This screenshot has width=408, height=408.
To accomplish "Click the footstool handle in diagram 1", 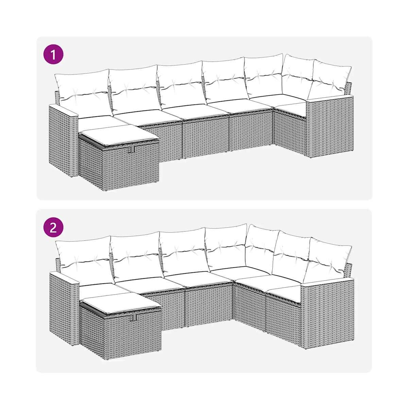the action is pyautogui.click(x=133, y=149).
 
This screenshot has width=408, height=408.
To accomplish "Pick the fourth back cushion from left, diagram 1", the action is pyautogui.click(x=225, y=80).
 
